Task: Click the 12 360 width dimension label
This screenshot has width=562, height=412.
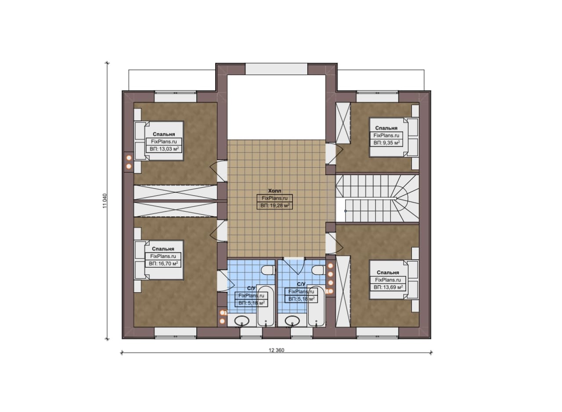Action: [276, 350]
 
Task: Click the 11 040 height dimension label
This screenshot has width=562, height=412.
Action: [105, 201]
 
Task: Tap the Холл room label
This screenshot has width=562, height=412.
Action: [275, 191]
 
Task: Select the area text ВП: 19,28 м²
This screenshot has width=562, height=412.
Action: [275, 206]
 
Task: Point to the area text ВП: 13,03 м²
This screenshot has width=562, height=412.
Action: [164, 149]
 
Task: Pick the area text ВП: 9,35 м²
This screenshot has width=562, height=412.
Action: [387, 143]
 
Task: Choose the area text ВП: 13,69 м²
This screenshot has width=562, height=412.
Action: [388, 287]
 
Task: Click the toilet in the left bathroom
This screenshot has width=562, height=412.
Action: [268, 271]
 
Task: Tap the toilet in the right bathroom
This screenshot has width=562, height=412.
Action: [318, 271]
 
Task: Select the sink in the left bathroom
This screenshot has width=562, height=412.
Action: [241, 321]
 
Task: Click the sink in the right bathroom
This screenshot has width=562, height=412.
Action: [292, 321]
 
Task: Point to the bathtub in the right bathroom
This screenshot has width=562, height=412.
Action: [316, 306]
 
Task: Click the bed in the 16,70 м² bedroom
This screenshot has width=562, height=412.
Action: [159, 260]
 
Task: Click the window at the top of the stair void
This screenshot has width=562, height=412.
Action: [276, 69]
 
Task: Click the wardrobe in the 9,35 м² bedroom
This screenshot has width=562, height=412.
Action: [343, 123]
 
